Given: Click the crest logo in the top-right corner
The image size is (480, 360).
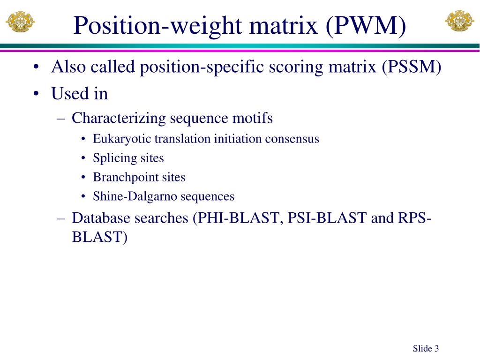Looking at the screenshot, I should pyautogui.click(x=459, y=21).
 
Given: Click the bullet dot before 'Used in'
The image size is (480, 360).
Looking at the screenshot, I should pyautogui.click(x=36, y=94).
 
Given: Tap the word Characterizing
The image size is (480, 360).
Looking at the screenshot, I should pyautogui.click(x=119, y=118).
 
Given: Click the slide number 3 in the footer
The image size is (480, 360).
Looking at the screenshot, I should pyautogui.click(x=436, y=348).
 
